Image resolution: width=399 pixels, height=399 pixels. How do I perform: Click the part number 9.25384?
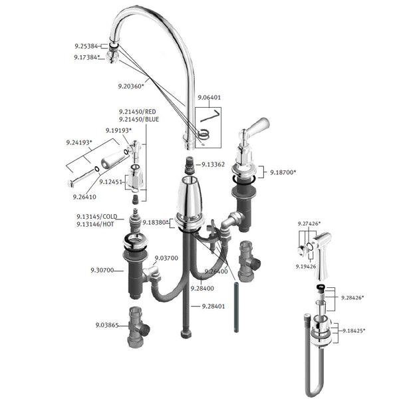pos(86,46)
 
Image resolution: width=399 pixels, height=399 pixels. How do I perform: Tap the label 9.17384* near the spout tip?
pos(86,57)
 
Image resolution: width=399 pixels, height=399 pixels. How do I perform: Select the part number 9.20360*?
pos(131,86)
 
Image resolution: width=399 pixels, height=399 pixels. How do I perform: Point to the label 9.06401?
pos(209,98)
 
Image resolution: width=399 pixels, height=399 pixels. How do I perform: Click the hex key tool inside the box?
pos(210,116)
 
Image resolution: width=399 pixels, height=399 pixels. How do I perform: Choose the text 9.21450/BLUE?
pos(139,119)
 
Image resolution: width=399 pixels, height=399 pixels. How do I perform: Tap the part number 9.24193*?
pos(79,142)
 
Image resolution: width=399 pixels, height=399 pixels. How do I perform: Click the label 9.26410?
pos(84,197)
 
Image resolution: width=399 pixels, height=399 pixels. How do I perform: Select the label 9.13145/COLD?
pos(97,217)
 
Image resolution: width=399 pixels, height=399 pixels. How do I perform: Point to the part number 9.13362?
pos(213,164)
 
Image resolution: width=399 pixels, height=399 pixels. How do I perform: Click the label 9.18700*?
pos(283,172)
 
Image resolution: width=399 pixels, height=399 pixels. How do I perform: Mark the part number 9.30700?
pos(102,270)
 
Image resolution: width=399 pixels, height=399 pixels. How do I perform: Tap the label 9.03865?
pos(107,325)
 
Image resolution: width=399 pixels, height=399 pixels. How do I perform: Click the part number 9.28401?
pos(213,307)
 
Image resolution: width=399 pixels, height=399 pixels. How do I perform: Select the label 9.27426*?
pos(309,223)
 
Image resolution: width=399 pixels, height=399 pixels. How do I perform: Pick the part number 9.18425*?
pos(354,331)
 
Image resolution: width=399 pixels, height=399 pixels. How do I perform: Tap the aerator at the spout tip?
pos(112,57)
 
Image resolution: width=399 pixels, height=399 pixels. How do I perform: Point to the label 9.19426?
pos(306,267)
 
